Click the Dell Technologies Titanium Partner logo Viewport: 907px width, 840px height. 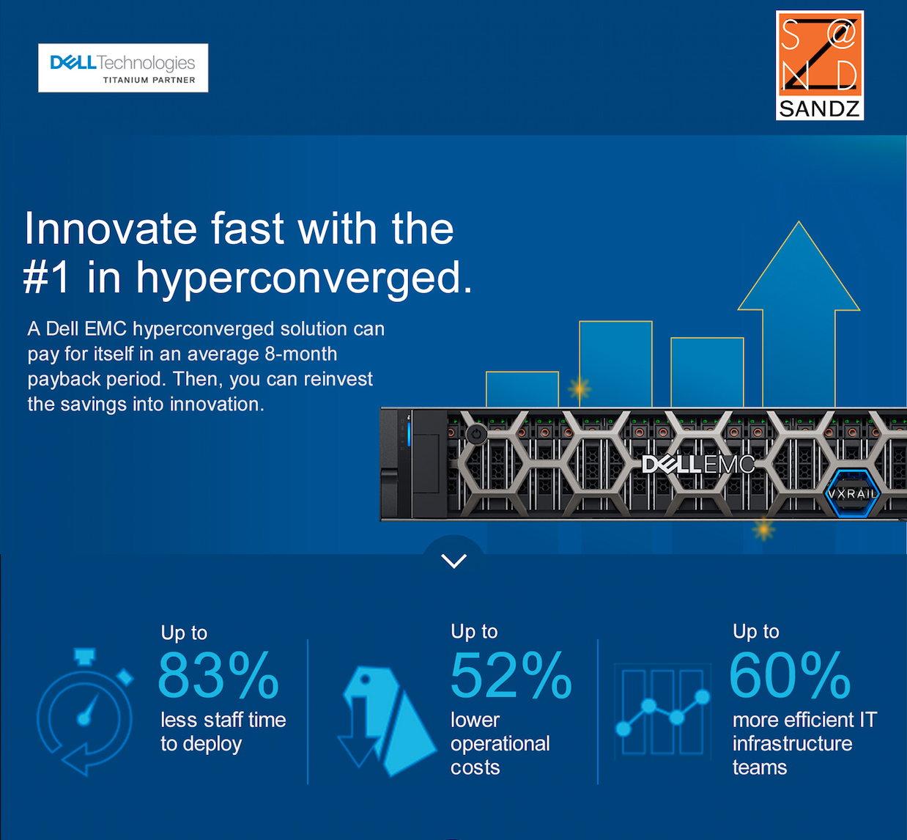[123, 67]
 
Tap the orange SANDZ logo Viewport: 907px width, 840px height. [819, 65]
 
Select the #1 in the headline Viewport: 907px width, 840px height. [46, 277]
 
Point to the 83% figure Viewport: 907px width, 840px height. [218, 676]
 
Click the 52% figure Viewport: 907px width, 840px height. [511, 676]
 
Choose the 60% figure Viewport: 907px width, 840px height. [790, 676]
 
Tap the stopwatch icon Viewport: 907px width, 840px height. [85, 711]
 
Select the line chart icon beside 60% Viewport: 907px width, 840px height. [663, 711]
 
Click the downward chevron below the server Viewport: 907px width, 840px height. [454, 561]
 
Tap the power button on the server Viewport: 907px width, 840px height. [476, 433]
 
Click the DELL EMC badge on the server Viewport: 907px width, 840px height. [698, 464]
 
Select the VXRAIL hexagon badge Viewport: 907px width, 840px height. [852, 493]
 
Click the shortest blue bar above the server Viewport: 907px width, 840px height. [522, 389]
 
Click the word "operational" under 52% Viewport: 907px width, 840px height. [500, 744]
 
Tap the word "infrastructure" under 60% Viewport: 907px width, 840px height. [793, 743]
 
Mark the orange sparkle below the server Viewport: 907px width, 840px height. [763, 530]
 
